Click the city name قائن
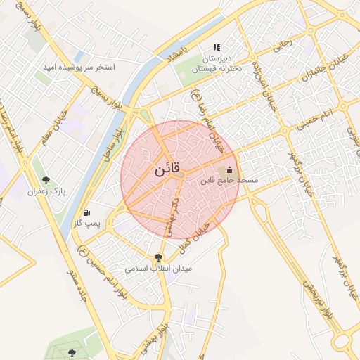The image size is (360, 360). [167, 170]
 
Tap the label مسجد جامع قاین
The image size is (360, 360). [230, 181]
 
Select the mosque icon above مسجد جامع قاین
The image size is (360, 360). [229, 170]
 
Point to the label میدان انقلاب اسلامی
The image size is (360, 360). [158, 268]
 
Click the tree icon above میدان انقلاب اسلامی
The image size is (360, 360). [158, 257]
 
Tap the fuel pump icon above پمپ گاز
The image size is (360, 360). [86, 212]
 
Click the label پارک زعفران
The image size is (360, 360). [46, 191]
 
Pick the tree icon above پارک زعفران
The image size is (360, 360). [46, 180]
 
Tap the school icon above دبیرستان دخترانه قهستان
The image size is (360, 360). [217, 47]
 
